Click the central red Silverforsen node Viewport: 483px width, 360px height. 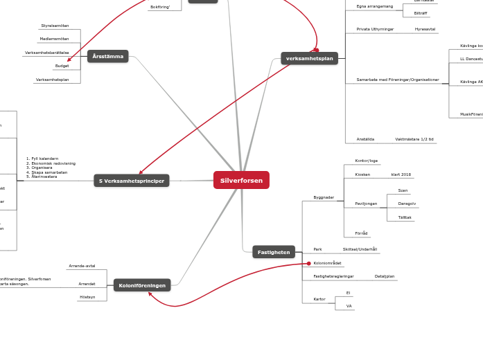(x=241, y=181)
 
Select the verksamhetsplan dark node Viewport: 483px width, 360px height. (x=309, y=59)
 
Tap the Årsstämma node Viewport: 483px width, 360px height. (x=107, y=56)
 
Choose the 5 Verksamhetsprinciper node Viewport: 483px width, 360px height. (x=132, y=181)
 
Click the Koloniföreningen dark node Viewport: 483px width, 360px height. (x=142, y=285)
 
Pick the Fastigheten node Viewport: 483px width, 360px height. (x=274, y=252)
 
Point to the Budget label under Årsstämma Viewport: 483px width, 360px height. (x=62, y=66)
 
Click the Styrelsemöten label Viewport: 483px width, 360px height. (x=55, y=26)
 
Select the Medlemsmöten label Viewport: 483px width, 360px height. (x=54, y=39)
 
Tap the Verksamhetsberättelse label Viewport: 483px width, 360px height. (x=46, y=53)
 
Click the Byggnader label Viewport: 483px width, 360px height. (x=324, y=197)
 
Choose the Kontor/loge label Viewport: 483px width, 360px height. (x=366, y=161)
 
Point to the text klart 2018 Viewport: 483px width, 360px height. (x=401, y=174)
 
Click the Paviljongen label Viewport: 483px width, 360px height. (x=366, y=204)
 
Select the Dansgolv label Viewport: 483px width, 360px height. (x=407, y=204)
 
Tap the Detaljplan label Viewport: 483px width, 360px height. (x=385, y=276)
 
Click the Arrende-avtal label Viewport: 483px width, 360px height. (x=82, y=266)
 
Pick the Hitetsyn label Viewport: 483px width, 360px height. (x=87, y=296)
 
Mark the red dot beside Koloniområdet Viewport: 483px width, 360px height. (x=308, y=263)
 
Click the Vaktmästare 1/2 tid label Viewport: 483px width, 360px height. (x=414, y=139)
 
